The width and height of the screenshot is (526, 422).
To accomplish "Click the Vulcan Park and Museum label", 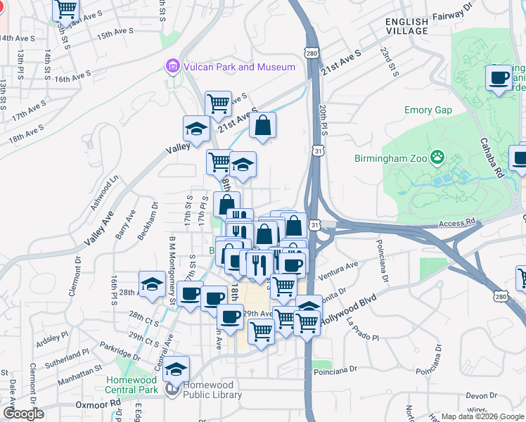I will pos(238,67).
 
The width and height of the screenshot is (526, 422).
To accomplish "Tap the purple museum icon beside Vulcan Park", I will pos(171,67).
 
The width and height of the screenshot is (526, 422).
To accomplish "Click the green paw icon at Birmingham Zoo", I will pos(438,156).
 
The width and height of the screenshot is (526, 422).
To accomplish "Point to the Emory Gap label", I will pos(428,110).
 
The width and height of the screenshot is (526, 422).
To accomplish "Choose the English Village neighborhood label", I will pos(406,27).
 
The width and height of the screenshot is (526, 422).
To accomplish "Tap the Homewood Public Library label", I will pos(212,390).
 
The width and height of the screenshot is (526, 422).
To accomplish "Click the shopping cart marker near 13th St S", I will pos(66,10).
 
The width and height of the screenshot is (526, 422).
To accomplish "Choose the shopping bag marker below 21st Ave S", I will pos(262,126).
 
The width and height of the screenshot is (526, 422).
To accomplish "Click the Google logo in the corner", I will pos(23,414).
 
